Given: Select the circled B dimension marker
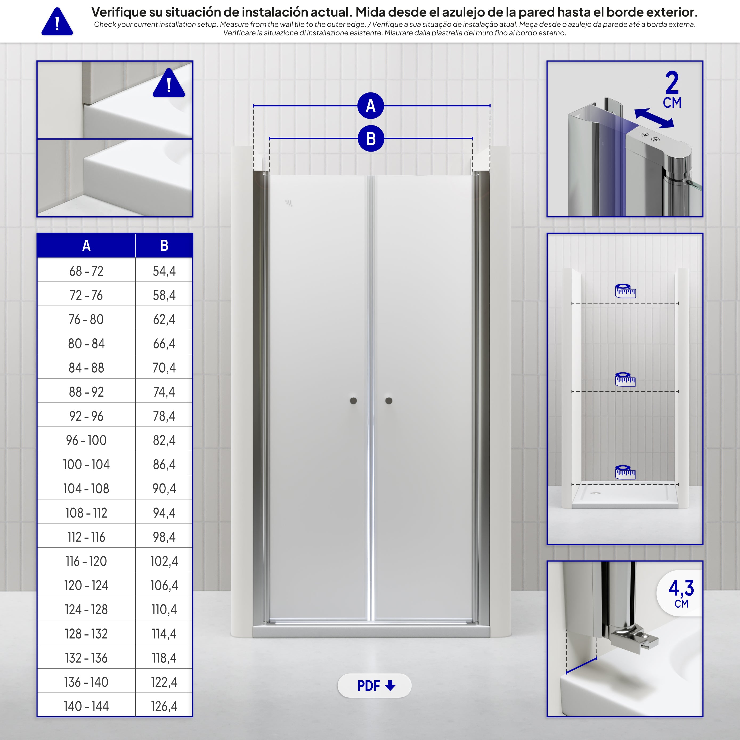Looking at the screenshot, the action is coord(371,139).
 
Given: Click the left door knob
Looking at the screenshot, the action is coord(353,401).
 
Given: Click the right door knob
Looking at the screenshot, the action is coord(389,401).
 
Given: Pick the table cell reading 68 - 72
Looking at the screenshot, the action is coord(86,271).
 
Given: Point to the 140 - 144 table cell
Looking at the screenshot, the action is coord(86,706).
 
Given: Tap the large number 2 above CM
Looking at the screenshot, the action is coord(672,83).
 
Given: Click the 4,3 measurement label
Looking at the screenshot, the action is coord(681,588).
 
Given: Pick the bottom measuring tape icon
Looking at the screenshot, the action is coord(625,472).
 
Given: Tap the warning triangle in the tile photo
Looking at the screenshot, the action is coord(169,83).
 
